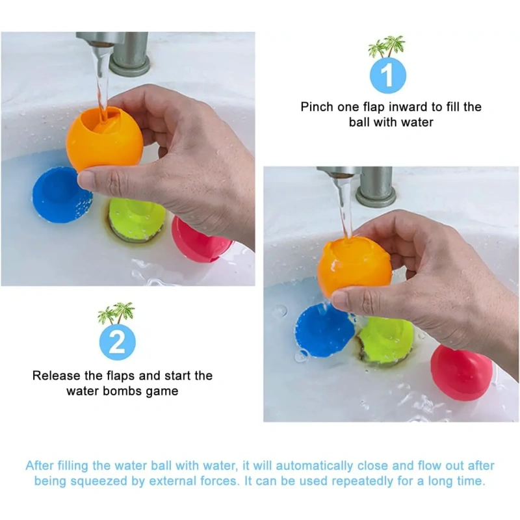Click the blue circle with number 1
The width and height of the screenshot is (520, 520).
coord(387,75)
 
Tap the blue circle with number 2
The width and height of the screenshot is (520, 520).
coord(118,343)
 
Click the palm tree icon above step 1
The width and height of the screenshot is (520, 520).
coord(387,46)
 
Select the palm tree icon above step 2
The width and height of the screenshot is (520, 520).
coord(116,313)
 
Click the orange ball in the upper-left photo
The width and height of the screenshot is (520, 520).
coord(105,138)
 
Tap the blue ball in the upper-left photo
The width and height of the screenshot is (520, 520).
coord(60,195)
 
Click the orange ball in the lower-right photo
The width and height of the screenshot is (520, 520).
coord(354,267)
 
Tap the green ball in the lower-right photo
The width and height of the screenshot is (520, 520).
coord(386,340)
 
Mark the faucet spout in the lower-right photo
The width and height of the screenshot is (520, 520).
coord(340,174)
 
